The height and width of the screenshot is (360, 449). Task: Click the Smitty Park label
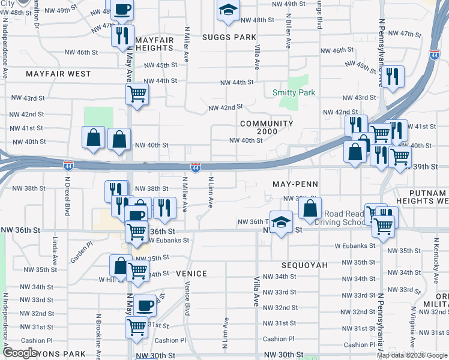pos(294,92)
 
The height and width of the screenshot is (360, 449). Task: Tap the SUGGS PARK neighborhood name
pos(229,37)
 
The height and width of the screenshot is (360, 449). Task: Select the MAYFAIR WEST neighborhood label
pos(58,74)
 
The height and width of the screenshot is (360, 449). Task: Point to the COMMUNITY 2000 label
pos(267,128)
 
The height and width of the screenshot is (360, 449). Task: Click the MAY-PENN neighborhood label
pos(294,184)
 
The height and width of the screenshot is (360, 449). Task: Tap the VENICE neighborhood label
pos(191,274)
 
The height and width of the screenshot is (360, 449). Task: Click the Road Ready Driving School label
pos(345,218)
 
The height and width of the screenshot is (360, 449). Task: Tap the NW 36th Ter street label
pos(251,222)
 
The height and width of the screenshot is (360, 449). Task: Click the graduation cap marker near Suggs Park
pos(228,11)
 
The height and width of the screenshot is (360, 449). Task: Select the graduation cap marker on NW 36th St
pos(280,223)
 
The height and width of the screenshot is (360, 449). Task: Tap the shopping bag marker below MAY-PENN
pos(310,209)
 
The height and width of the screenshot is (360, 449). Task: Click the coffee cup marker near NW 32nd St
pos(145,306)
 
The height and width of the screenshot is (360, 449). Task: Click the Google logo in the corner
pos(20,353)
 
